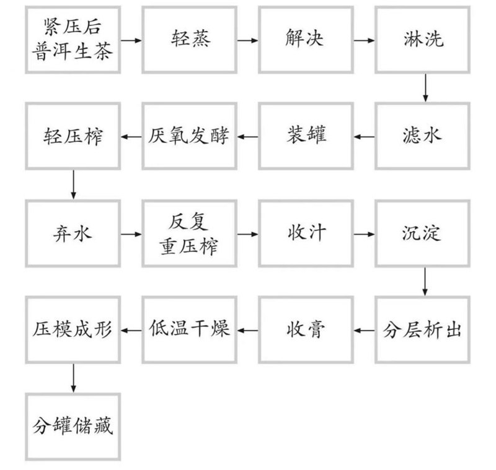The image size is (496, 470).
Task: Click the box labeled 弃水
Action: click(73, 233)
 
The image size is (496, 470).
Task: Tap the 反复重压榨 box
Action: click(190, 233)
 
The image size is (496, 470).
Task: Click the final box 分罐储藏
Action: click(73, 427)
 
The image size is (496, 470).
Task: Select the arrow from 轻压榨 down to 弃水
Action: click(73, 185)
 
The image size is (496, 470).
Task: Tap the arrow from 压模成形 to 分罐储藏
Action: click(73, 378)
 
